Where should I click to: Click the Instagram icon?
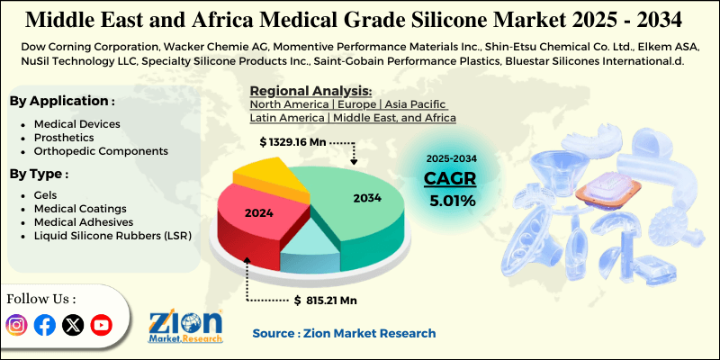click(16, 325)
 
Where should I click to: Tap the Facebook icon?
click(44, 325)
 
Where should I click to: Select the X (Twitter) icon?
click(73, 325)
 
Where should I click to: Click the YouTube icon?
click(102, 325)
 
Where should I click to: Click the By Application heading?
click(62, 101)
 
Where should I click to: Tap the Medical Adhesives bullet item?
click(84, 221)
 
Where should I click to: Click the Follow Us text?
click(42, 298)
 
